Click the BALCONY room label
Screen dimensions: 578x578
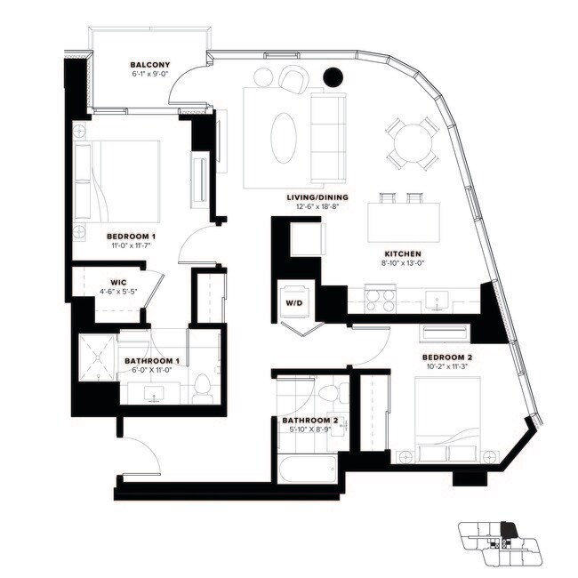[149, 65]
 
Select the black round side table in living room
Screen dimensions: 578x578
[333, 78]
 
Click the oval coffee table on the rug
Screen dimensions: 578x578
[284, 136]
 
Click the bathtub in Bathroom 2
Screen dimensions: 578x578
[307, 469]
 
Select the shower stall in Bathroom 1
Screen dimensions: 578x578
[96, 357]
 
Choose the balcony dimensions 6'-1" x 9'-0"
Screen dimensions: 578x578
[149, 76]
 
